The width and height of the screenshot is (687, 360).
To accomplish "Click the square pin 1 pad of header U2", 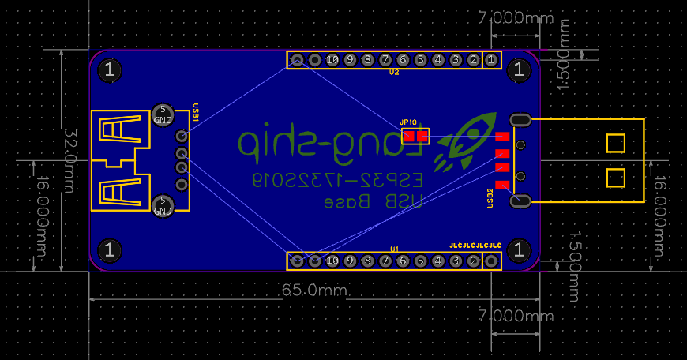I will coord(491,60).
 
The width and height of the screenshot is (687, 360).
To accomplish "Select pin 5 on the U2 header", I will coord(420,60).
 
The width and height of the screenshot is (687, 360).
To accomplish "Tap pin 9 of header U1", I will coord(350,261).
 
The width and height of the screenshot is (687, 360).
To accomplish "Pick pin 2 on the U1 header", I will coord(473,261).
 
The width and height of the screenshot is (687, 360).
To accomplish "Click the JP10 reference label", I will coord(408,122).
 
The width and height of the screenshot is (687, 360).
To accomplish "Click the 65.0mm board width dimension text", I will coord(313,291).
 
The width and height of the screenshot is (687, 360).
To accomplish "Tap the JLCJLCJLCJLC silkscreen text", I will coord(475,246).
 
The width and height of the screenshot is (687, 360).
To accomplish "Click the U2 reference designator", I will coord(394,73).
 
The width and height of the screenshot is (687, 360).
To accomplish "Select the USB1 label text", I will coord(196,112).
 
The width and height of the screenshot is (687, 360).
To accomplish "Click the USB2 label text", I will coord(490,197).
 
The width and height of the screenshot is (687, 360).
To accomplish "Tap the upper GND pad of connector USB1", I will coord(163,114).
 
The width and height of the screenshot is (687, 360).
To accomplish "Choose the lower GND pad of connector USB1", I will coord(163,206).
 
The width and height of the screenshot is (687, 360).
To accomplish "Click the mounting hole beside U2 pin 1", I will coord(519,69).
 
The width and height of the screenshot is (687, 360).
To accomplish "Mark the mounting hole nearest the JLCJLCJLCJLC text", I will coord(519,250).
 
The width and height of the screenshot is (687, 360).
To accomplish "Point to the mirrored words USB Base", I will coord(383,202).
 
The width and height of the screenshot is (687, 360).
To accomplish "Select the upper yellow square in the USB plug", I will coord(615,143).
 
